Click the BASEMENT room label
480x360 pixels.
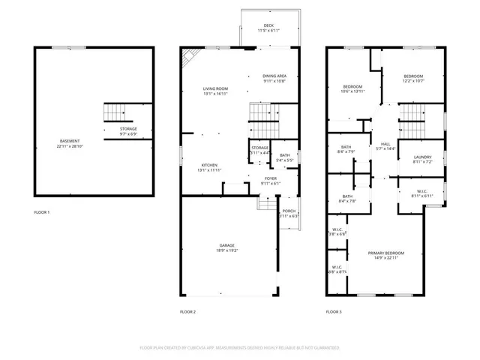click(70, 141)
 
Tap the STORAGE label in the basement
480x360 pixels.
click(128, 129)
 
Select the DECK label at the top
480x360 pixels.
click(268, 25)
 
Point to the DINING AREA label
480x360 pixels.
click(274, 76)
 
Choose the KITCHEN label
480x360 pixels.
click(210, 165)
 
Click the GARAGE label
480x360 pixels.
click(227, 245)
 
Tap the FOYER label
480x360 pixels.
click(270, 178)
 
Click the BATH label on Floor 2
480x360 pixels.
click(285, 155)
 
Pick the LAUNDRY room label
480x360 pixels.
click(422, 157)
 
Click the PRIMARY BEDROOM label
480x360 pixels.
click(386, 253)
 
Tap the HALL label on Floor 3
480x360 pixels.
click(385, 143)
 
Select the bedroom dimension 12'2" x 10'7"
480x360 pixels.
click(413, 82)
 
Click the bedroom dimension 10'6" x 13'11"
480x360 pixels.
click(352, 91)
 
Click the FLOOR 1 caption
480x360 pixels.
click(42, 212)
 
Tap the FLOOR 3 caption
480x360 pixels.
click(334, 311)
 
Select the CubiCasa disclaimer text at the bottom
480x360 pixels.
click(240, 348)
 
